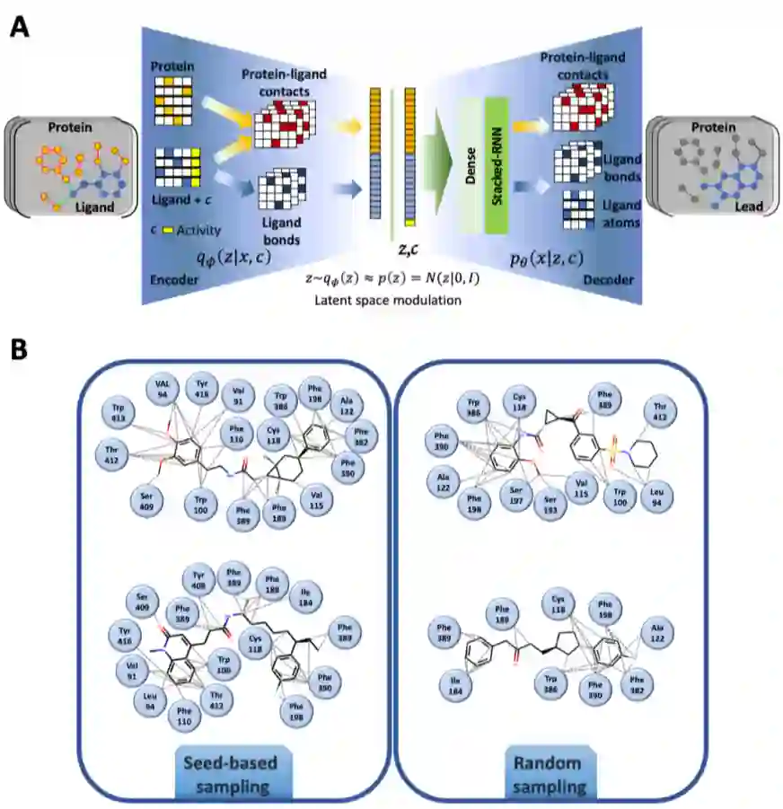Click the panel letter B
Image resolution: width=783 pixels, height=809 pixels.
(20, 350)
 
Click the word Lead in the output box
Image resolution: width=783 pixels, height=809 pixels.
(748, 207)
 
